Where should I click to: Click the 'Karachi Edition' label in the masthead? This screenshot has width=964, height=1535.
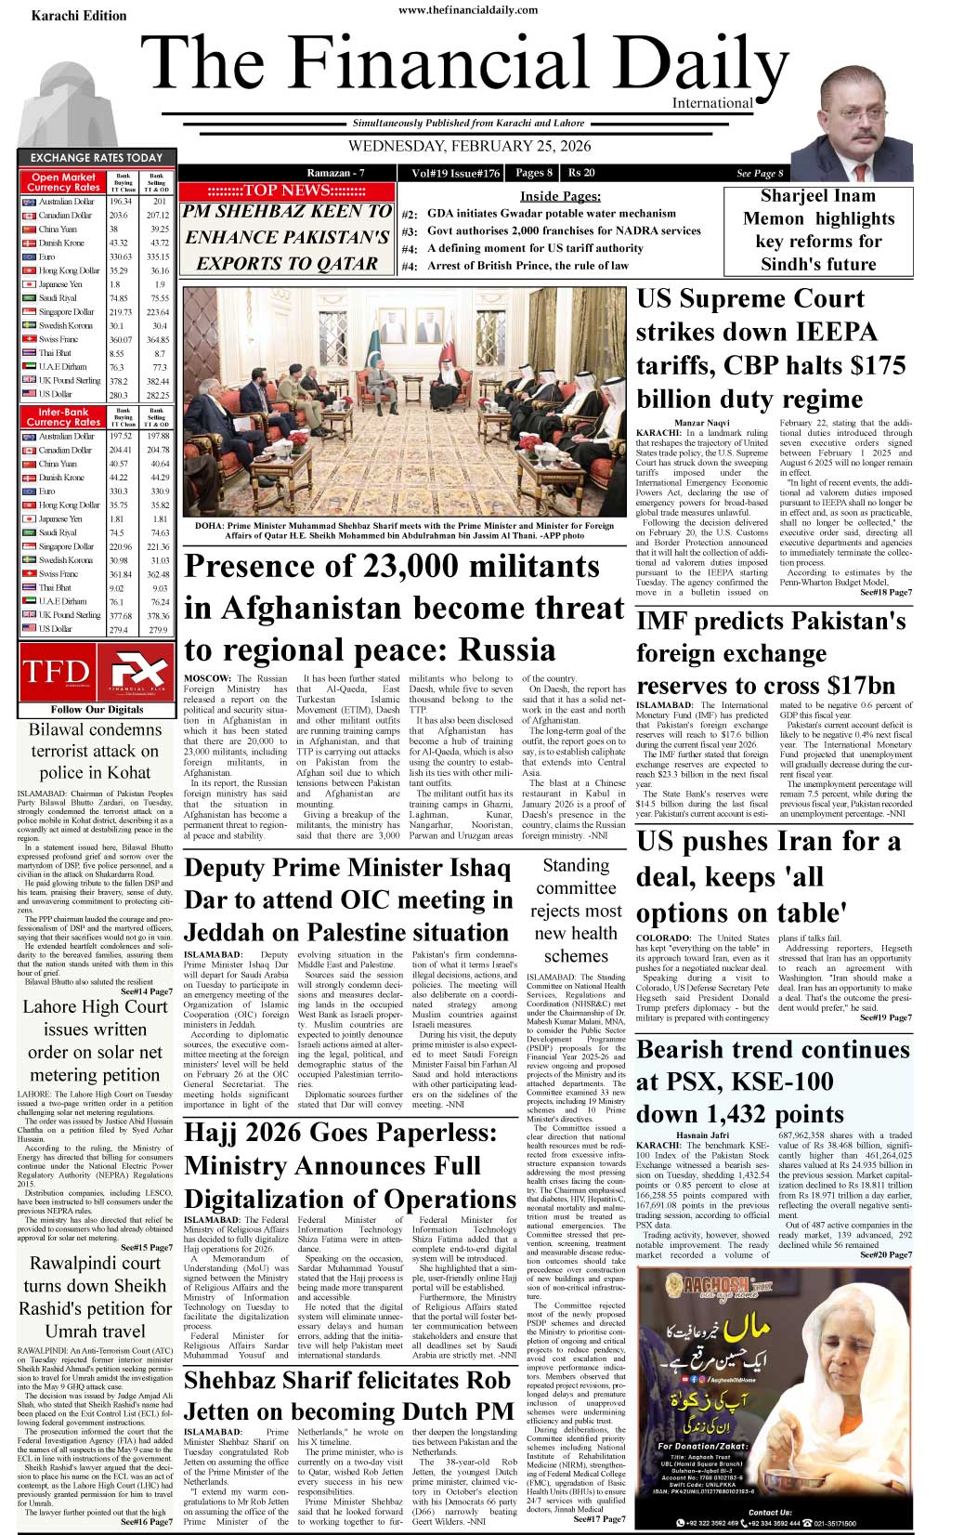tap(79, 16)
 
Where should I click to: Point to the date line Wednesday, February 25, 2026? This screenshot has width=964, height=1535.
tap(469, 146)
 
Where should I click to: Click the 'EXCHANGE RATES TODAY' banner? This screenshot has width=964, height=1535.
tap(96, 158)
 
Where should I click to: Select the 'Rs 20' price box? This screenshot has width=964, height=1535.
tap(581, 173)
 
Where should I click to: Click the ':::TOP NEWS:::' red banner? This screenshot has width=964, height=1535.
tap(287, 190)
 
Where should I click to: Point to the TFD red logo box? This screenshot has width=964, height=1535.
tap(56, 673)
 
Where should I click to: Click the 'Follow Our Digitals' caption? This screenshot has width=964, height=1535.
tap(97, 709)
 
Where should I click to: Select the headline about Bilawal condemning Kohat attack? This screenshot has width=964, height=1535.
tap(96, 751)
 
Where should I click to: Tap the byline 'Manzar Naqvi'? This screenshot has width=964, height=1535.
tap(701, 423)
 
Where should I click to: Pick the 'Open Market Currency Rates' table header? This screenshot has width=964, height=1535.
tap(63, 182)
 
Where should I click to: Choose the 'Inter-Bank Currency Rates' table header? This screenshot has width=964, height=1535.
tap(63, 416)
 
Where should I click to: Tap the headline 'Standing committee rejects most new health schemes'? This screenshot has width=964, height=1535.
tap(576, 911)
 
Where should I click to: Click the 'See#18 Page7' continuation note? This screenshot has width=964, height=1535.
tap(885, 592)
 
